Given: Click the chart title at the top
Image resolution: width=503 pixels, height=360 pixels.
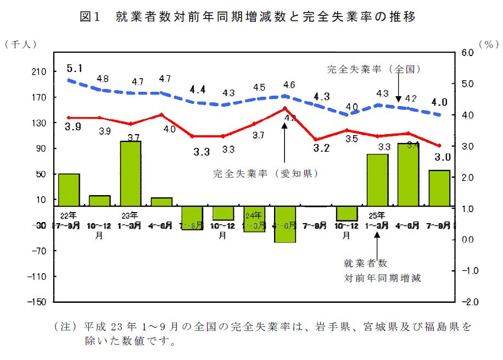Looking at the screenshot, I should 248,16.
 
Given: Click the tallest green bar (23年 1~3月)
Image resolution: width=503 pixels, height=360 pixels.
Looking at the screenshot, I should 131,173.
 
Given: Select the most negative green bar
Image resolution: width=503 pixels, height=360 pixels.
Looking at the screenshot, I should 285,224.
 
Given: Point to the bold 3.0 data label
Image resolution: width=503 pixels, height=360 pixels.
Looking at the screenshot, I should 443,157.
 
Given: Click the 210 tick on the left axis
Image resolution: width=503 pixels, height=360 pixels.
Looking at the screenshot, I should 38,72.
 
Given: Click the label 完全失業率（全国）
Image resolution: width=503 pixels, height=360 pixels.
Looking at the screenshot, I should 374,70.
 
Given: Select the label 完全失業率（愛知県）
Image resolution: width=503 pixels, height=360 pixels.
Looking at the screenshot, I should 266,174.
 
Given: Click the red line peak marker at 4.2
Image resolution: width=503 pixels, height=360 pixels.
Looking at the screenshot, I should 284,108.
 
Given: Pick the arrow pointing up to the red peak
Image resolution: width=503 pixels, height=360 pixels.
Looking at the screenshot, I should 284,143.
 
